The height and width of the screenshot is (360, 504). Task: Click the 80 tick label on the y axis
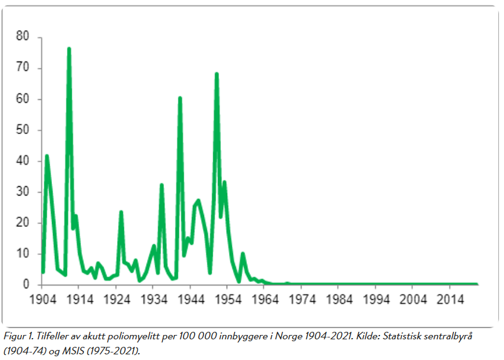pos(23,37)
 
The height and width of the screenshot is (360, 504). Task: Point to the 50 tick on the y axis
pos(23,130)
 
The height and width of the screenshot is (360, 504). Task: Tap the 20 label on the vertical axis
pos(23,223)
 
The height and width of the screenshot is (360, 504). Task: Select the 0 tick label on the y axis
pos(26,285)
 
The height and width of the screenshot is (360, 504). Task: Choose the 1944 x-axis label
pos(191,299)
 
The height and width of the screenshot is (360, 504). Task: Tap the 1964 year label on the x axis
pos(265,299)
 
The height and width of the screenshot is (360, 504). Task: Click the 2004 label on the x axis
pos(413,299)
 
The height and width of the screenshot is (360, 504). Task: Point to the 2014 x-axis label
pos(450,299)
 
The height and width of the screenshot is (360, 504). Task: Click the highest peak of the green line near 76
pos(69,48)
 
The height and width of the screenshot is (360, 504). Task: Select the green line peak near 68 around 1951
pos(217,74)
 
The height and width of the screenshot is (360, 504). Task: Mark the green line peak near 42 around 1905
pos(46,155)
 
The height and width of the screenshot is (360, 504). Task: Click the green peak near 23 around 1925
pos(121,212)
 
